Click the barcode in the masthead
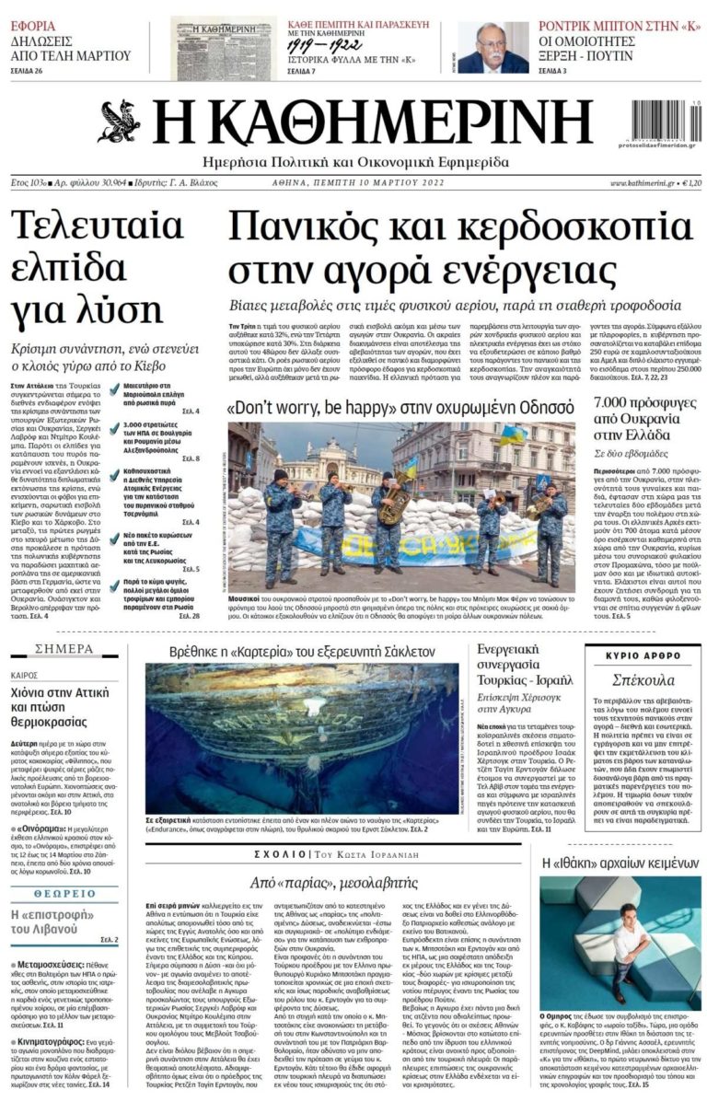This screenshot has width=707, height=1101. [x=661, y=120]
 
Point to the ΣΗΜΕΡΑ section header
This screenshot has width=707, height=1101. [x=64, y=649]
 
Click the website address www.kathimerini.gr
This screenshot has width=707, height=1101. [x=642, y=183]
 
